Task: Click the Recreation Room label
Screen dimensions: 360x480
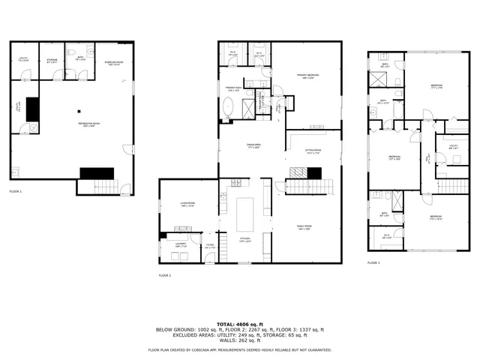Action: point(89,124)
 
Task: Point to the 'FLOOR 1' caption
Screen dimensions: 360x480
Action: point(15,192)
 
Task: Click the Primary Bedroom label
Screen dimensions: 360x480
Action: point(307,75)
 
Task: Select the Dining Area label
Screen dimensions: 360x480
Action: point(253,145)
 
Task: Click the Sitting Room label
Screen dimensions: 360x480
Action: point(312,151)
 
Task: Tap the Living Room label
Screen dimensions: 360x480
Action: point(187,204)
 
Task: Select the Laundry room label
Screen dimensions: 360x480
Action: point(181,244)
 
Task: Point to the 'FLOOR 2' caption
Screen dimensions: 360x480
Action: point(165,275)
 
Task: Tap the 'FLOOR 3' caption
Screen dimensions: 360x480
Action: point(373,262)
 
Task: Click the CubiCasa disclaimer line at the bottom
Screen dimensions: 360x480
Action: point(239,349)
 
